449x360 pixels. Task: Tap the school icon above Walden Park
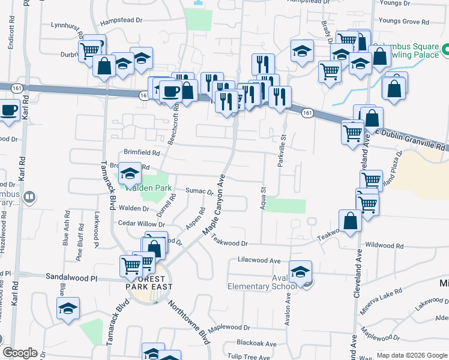(130, 175)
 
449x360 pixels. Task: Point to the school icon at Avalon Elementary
(301, 272)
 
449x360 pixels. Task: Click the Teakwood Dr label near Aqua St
(231, 243)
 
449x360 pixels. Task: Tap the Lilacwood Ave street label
(259, 261)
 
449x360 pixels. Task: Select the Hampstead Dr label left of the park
(121, 20)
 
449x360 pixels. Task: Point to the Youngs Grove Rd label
(403, 22)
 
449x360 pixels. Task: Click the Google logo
(20, 353)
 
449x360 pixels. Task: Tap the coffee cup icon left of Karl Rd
(8, 112)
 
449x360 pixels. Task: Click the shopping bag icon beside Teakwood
(351, 221)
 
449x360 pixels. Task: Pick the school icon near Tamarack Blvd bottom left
(68, 309)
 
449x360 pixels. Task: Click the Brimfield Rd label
(142, 152)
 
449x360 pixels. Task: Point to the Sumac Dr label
(200, 192)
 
